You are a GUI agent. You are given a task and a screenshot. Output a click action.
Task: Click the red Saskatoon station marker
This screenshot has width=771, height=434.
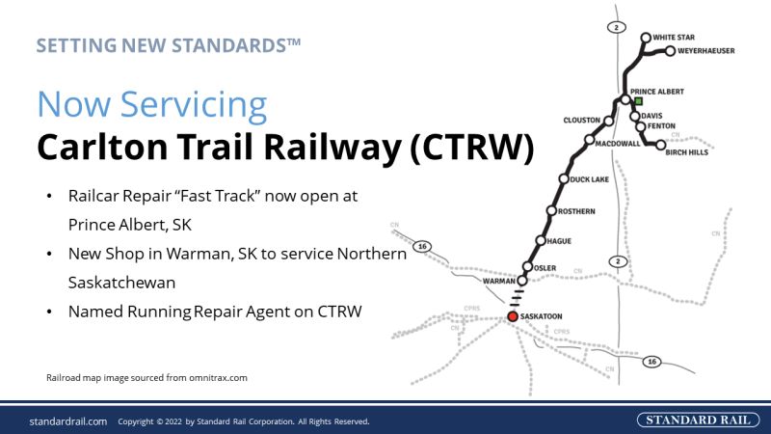coord(513,316)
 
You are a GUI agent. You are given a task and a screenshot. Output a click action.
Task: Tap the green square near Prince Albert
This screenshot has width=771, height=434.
coord(638,101)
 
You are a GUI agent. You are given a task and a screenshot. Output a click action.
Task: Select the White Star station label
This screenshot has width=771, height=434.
coord(674,38)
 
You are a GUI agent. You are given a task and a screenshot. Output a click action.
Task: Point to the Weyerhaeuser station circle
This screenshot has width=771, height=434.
coord(670,51)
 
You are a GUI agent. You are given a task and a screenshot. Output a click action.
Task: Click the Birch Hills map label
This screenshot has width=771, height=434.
coord(686,152)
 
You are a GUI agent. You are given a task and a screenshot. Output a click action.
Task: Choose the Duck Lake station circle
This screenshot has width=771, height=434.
coord(564,179)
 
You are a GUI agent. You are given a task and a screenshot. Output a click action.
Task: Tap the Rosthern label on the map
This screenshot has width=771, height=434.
coord(576,211)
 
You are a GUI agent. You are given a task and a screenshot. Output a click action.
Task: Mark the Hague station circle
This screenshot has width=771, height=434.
coord(541,240)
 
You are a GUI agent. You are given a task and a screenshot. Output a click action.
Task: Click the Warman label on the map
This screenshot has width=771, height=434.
coord(498,281)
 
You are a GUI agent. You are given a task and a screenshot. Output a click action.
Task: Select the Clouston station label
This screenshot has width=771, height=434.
coord(582,120)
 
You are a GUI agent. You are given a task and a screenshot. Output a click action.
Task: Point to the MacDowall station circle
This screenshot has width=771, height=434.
coord(589,140)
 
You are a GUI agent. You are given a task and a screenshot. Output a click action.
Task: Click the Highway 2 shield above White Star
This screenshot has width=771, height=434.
coord(617,28)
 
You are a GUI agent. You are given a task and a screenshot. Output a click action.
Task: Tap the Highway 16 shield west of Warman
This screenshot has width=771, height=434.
coord(422,246)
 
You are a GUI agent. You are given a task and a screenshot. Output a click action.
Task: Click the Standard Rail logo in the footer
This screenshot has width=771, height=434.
coord(698,420)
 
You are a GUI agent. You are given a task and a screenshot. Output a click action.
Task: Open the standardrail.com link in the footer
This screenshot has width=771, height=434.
coord(67,421)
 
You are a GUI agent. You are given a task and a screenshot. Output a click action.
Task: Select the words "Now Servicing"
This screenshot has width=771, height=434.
coord(152,104)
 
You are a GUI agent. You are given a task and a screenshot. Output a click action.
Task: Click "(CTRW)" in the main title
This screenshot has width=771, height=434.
coord(471,148)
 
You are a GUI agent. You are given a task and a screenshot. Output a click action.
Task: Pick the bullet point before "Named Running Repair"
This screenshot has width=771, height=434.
coord(49,312)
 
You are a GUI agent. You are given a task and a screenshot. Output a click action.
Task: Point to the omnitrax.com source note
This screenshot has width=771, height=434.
coord(146,378)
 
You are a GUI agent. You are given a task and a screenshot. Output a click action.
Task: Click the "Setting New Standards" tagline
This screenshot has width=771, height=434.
coord(168,45)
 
